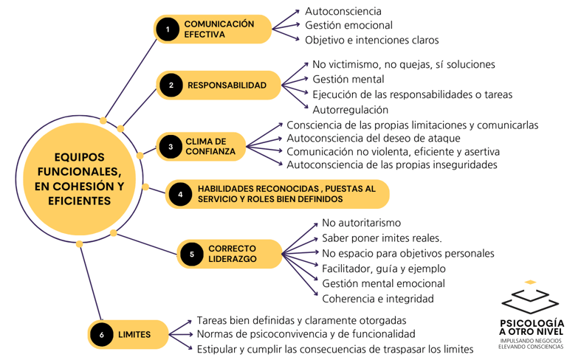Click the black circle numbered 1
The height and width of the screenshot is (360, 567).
click(168, 30)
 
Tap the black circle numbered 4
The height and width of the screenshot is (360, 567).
click(180, 194)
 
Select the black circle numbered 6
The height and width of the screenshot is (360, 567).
click(101, 334)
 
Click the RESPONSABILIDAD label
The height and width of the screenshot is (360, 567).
click(227, 86)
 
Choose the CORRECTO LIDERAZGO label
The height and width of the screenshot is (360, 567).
click(232, 254)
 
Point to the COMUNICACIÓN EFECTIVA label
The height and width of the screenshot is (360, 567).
click(219, 30)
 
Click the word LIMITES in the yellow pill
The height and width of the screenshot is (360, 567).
click(134, 334)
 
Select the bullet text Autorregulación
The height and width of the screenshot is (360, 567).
click(350, 110)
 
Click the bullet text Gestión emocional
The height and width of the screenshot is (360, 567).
click(348, 26)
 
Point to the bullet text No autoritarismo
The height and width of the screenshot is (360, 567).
click(361, 223)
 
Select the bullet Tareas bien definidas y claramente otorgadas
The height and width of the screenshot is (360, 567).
click(301, 321)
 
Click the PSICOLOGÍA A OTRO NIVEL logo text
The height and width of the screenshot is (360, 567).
click(532, 328)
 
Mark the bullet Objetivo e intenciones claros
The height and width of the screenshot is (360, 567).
click(371, 40)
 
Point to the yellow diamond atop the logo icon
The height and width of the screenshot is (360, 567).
click(530, 282)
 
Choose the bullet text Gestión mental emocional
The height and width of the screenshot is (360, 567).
click(383, 283)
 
